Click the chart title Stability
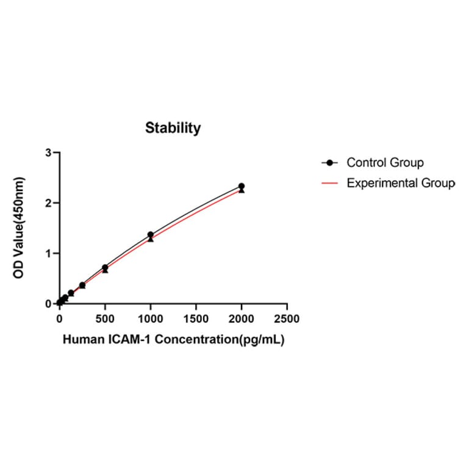point(173,128)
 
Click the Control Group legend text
point(385,163)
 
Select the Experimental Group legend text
point(400,183)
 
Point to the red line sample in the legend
point(330,183)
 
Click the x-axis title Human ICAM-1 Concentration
point(173,340)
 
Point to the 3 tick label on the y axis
point(48,152)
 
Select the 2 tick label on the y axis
point(48,203)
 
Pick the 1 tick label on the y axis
point(48,253)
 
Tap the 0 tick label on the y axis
point(48,303)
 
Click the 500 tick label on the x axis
point(105,318)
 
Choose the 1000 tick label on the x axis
point(151,318)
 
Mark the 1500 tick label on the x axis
point(196,318)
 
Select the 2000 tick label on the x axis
point(242,318)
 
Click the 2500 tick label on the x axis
point(287,318)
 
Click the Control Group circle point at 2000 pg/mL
point(242,186)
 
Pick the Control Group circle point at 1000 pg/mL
point(151,235)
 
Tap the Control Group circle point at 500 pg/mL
point(105,267)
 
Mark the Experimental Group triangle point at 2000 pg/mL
point(242,191)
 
